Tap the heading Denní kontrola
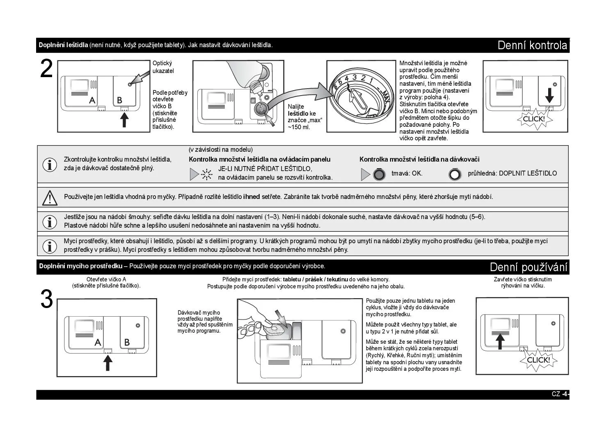(x=532, y=45)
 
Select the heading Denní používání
(x=528, y=267)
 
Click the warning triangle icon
(x=50, y=197)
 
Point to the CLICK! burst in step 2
(x=533, y=119)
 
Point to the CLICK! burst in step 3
(x=538, y=360)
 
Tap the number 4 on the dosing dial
(x=347, y=79)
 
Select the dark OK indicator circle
(x=379, y=175)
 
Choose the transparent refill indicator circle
(x=454, y=175)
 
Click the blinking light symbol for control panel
(x=207, y=175)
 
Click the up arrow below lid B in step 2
(x=124, y=119)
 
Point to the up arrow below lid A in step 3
(x=107, y=363)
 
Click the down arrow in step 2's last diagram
(x=549, y=94)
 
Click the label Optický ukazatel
(x=163, y=67)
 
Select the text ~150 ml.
(x=299, y=127)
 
